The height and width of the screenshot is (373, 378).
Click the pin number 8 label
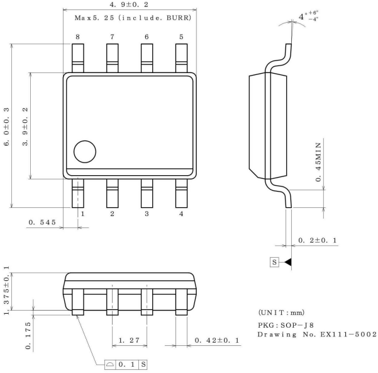[77, 37]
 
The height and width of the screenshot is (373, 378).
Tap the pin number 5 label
[181, 37]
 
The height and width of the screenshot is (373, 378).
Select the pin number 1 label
[81, 214]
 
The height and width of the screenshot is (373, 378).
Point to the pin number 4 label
[181, 214]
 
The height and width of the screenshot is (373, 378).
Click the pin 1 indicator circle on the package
[85, 152]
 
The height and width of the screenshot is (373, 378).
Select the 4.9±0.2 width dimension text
[130, 5]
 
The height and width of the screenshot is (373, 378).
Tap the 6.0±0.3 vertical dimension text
[7, 126]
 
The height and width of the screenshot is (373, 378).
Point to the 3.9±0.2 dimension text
[25, 126]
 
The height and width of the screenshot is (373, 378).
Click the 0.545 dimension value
[43, 222]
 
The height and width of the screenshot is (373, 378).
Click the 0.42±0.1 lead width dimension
[216, 341]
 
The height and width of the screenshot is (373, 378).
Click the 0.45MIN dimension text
[320, 161]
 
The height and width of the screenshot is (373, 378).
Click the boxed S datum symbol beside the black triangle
[274, 261]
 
